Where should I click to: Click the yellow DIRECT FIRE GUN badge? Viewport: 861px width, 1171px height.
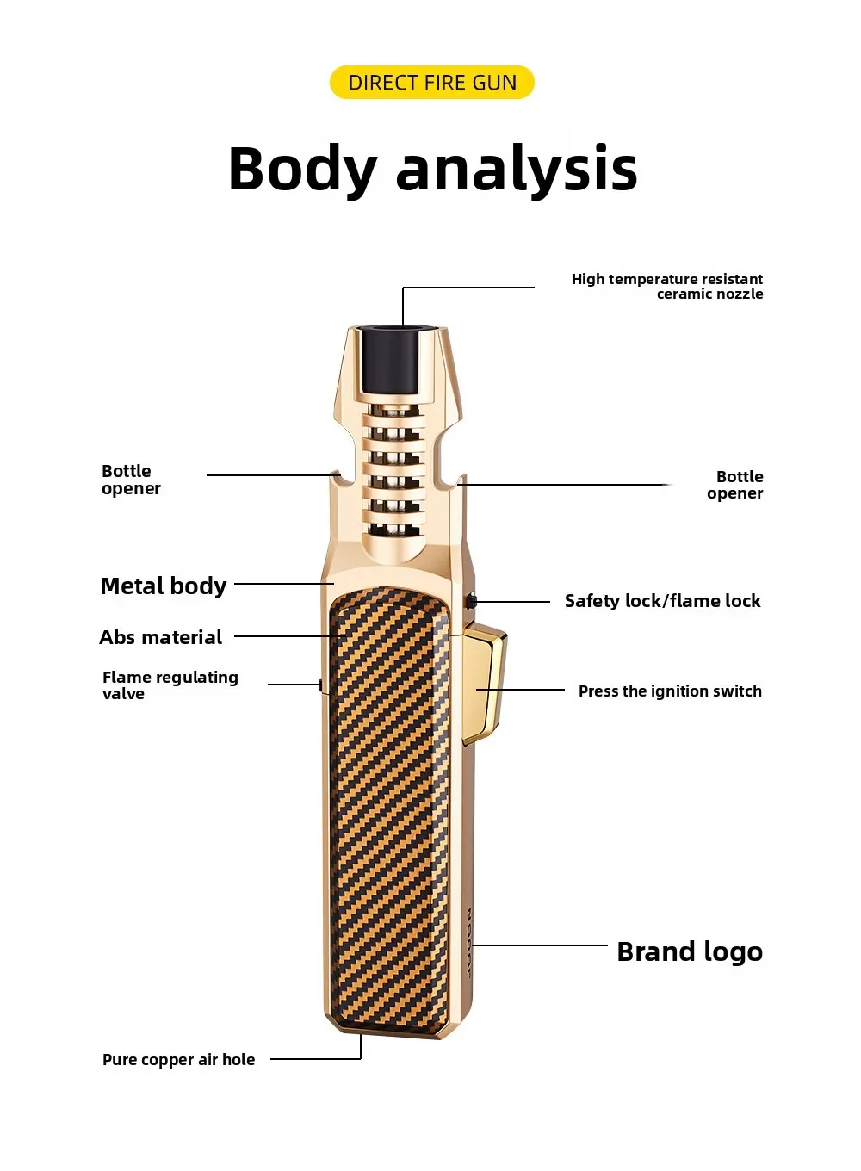click(x=431, y=82)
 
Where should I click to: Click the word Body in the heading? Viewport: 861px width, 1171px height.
click(x=303, y=170)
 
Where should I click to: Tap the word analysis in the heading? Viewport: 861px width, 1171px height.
click(x=517, y=170)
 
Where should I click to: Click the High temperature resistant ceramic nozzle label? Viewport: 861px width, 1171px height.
click(x=667, y=286)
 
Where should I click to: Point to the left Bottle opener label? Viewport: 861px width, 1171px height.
click(x=131, y=480)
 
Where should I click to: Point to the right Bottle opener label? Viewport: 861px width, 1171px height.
click(x=735, y=485)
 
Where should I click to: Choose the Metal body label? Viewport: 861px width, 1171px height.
click(x=163, y=586)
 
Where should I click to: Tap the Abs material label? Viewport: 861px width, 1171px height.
click(x=160, y=637)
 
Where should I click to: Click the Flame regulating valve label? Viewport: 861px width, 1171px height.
click(x=170, y=685)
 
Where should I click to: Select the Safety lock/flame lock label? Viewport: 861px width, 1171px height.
click(x=662, y=601)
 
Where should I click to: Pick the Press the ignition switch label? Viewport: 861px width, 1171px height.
click(x=670, y=691)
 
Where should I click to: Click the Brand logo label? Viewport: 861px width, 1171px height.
click(x=690, y=951)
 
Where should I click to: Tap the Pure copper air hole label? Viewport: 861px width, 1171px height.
click(x=179, y=1060)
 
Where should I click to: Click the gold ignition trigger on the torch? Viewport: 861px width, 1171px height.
click(x=485, y=682)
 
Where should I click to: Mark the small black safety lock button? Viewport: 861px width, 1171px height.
click(x=472, y=601)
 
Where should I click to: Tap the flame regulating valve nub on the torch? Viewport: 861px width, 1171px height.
click(x=320, y=685)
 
